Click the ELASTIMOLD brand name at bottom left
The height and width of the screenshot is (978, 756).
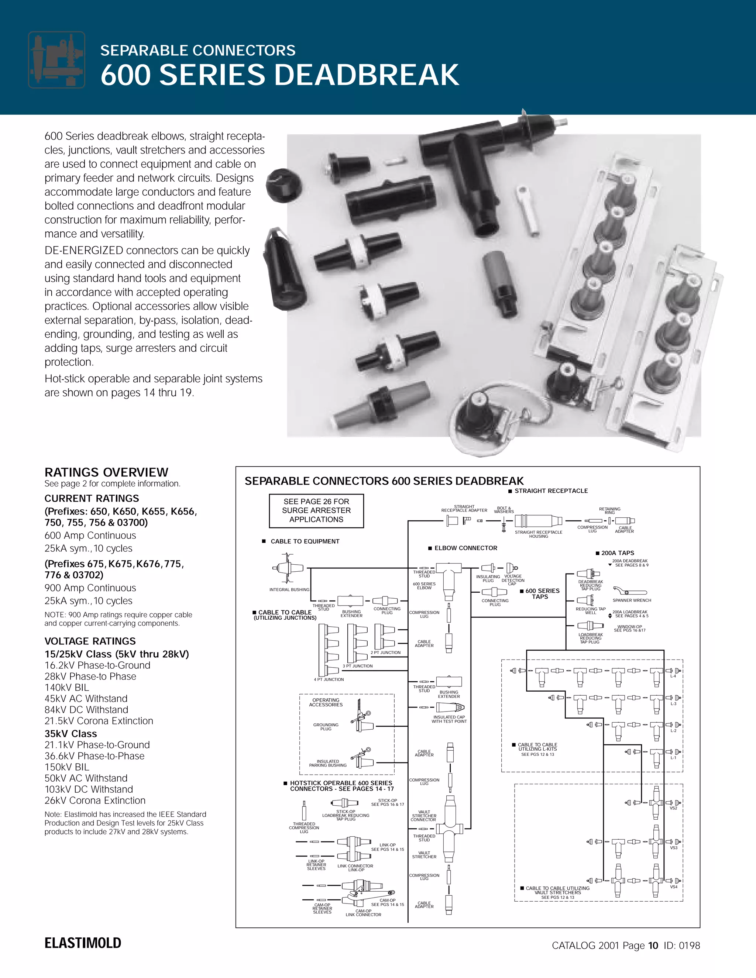tap(83, 943)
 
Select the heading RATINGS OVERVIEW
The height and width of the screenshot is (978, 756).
tap(106, 472)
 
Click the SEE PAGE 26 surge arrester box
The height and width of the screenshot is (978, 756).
tap(316, 510)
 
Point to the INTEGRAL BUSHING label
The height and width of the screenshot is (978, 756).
tap(289, 589)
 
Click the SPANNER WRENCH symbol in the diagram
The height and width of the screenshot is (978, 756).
tap(629, 592)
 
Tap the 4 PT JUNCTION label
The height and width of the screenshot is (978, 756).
tap(329, 679)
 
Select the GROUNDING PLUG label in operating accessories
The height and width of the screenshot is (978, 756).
tap(326, 726)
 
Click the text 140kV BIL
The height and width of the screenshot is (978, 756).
tap(67, 688)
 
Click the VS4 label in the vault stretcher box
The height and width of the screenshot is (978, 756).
tap(674, 886)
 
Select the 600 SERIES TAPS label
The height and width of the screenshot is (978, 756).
tap(542, 593)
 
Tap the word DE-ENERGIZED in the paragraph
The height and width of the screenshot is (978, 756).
tap(84, 250)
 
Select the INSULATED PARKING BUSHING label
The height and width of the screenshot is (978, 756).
tap(328, 763)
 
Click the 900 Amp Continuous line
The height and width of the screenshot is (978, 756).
tap(90, 588)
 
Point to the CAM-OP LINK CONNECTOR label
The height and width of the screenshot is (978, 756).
tap(363, 913)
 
